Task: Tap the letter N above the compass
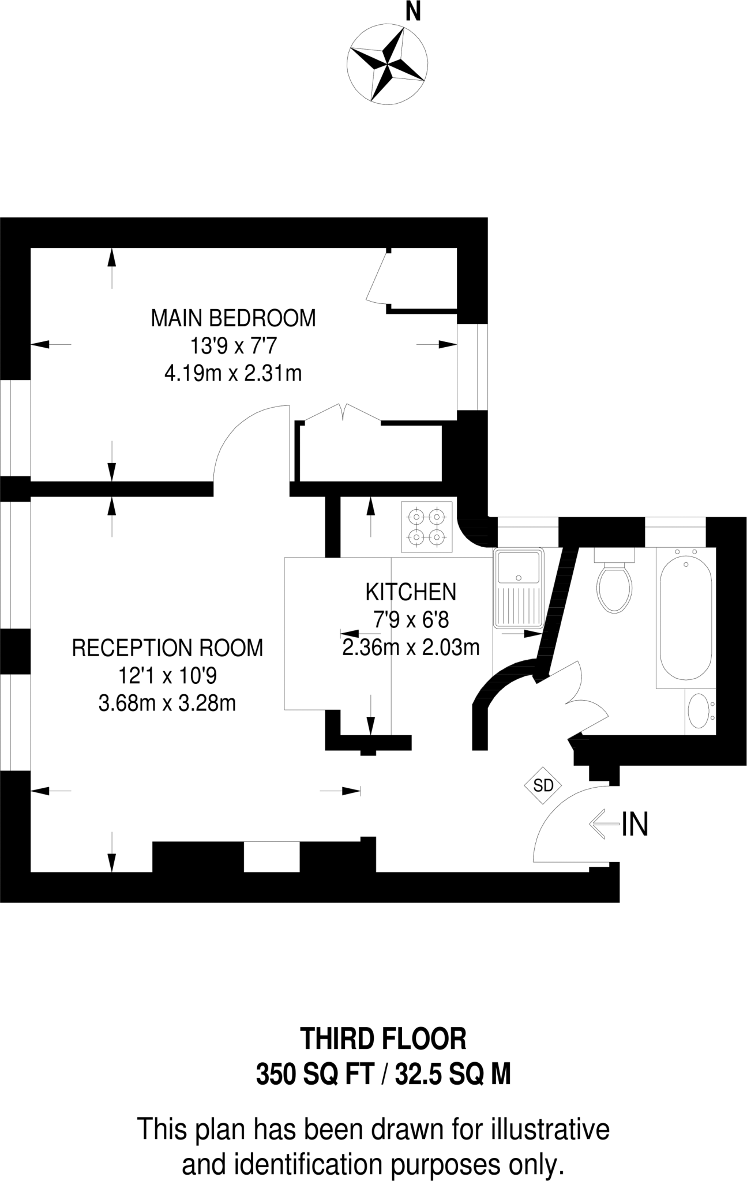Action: point(412,12)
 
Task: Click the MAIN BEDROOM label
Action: point(233,318)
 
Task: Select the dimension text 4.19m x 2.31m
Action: point(233,374)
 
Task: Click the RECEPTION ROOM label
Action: point(167,648)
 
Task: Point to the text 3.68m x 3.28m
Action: point(167,704)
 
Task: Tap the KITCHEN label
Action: point(411,592)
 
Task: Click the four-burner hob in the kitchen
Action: point(427,526)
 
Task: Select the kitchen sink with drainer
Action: point(518,588)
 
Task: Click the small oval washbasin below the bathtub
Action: point(699,713)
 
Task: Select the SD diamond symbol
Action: point(543,785)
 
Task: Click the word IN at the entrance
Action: point(635,824)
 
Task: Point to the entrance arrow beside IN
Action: point(603,824)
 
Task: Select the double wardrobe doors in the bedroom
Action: point(343,413)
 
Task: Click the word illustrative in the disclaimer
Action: point(550,1129)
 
